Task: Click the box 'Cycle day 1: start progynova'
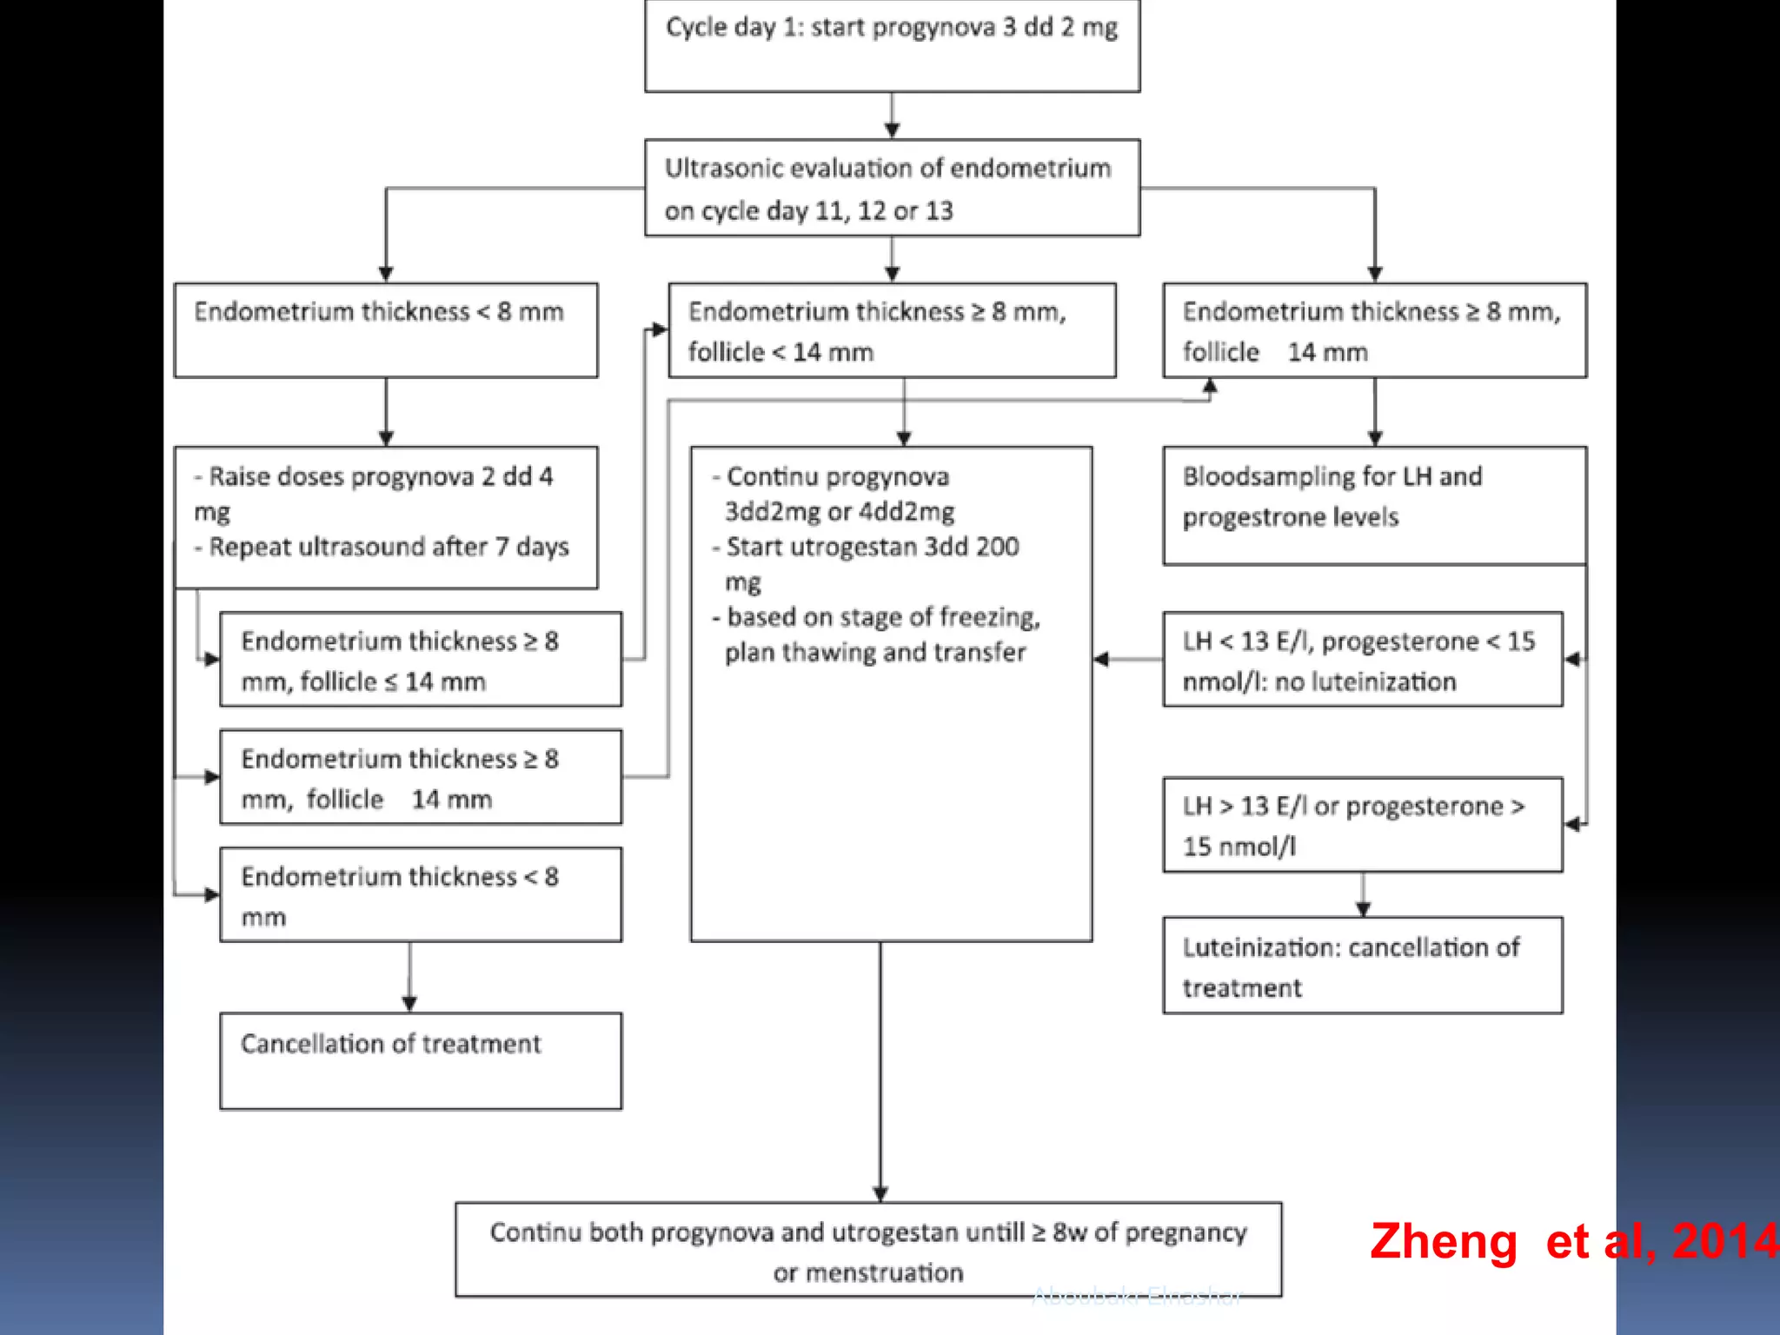pyautogui.click(x=892, y=45)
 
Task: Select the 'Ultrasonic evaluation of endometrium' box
pyautogui.click(x=892, y=188)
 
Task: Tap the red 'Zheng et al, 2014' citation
pyautogui.click(x=1573, y=1241)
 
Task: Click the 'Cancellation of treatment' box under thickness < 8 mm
pyautogui.click(x=421, y=1060)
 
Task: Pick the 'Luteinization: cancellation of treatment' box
pyautogui.click(x=1362, y=966)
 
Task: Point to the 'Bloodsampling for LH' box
pyautogui.click(x=1374, y=506)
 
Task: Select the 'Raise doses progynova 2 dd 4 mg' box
pyautogui.click(x=386, y=517)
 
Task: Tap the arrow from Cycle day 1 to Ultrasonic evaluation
pyautogui.click(x=892, y=116)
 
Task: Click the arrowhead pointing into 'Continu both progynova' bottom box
pyautogui.click(x=880, y=1193)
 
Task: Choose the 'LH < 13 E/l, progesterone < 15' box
pyautogui.click(x=1362, y=660)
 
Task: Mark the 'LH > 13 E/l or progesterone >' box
pyautogui.click(x=1362, y=824)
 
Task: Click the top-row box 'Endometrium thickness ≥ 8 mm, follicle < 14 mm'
pyautogui.click(x=892, y=330)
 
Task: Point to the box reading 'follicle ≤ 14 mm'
pyautogui.click(x=421, y=660)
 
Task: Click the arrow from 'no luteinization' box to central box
pyautogui.click(x=1127, y=660)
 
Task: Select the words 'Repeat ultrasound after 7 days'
pyautogui.click(x=389, y=548)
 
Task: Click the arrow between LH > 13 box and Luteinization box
pyautogui.click(x=1363, y=894)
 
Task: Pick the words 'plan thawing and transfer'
pyautogui.click(x=875, y=653)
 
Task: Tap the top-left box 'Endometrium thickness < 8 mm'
pyautogui.click(x=386, y=330)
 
